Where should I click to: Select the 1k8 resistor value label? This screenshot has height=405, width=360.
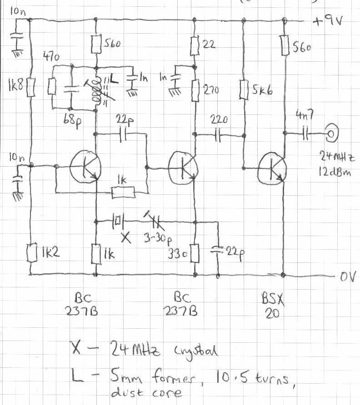pos(12,85)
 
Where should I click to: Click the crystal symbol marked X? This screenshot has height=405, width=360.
pos(118,222)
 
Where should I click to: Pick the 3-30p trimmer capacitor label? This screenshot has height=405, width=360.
pos(155,237)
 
